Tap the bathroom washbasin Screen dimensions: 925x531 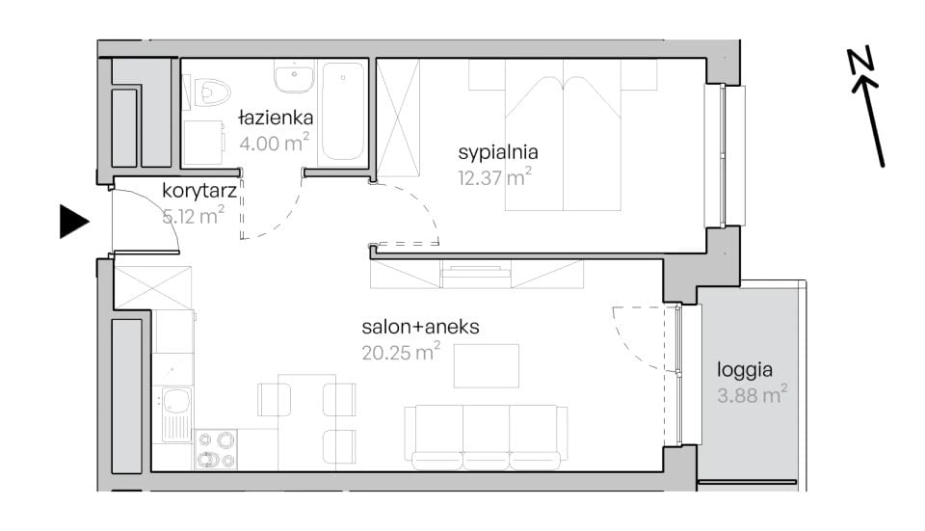(x=294, y=76)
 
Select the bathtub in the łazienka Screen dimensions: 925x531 (x=343, y=112)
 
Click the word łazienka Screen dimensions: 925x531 (x=276, y=118)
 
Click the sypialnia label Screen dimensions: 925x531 (x=498, y=153)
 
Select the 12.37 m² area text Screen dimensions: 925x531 (x=494, y=177)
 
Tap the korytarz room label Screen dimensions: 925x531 (x=199, y=191)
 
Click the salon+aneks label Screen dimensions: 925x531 (x=420, y=327)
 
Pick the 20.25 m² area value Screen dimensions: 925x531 (x=401, y=352)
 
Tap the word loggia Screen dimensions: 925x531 (x=745, y=370)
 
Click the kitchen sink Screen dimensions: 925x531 (x=176, y=414)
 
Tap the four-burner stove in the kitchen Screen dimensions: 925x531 (x=216, y=450)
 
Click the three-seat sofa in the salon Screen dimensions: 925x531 (x=486, y=438)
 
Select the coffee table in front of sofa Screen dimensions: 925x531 (x=486, y=366)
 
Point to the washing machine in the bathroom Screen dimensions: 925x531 (x=203, y=143)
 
